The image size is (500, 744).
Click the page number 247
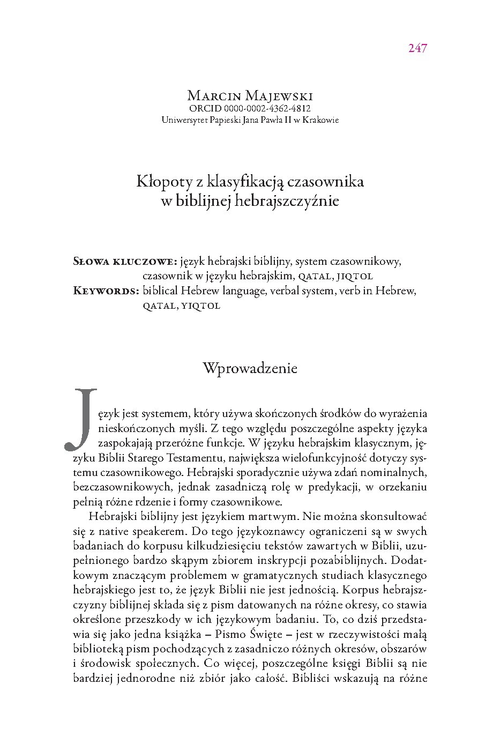click(417, 48)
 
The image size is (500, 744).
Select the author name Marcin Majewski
click(250, 96)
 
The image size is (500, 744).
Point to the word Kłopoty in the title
click(160, 182)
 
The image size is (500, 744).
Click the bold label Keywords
click(106, 291)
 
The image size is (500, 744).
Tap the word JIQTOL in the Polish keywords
click(354, 277)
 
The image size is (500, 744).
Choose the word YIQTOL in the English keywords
click(200, 307)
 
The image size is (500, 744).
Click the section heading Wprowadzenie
click(250, 368)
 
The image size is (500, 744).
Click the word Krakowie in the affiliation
click(321, 120)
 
